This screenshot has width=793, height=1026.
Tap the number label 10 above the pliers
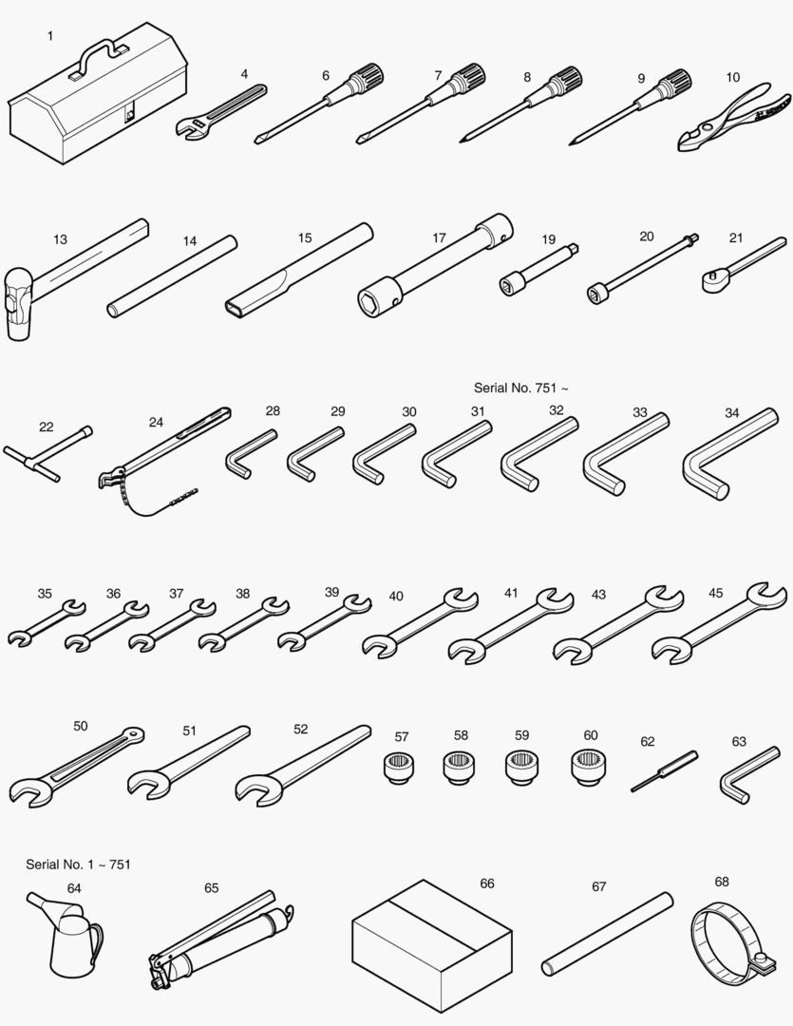pos(733,77)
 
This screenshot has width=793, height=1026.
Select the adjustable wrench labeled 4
pos(221,112)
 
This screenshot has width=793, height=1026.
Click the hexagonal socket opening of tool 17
pos(370,302)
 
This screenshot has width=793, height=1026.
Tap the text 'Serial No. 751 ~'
pos(520,388)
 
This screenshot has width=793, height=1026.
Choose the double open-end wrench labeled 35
pos(47,622)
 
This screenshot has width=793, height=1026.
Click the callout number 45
pos(716,593)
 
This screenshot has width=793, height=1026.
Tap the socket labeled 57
pos(400,767)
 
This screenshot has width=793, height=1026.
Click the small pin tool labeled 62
pos(664,771)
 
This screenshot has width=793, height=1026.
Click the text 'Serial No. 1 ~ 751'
pos(78,864)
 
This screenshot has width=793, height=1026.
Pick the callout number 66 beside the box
pos(487,883)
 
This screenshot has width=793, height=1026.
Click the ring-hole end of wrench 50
pos(134,734)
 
